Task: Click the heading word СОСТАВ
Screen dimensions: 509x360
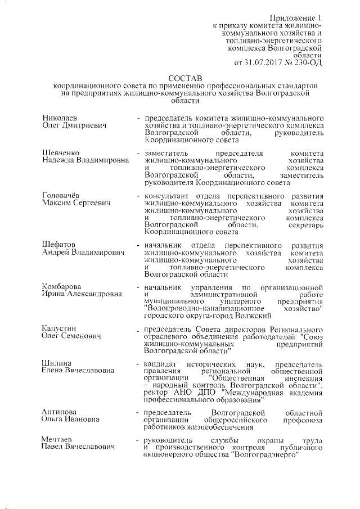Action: pyautogui.click(x=183, y=76)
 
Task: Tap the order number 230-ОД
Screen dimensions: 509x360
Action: pyautogui.click(x=310, y=62)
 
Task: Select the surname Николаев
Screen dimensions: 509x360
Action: pyautogui.click(x=60, y=118)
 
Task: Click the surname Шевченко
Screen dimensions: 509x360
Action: pyautogui.click(x=61, y=154)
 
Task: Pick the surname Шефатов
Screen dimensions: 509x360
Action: pyautogui.click(x=59, y=245)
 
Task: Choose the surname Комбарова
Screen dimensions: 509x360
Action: pyautogui.click(x=62, y=287)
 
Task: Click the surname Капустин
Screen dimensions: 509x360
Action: pyautogui.click(x=60, y=328)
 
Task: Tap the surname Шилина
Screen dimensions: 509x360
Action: pyautogui.click(x=56, y=363)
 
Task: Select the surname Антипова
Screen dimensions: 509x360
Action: pyautogui.click(x=60, y=412)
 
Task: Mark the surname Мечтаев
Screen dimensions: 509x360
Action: pyautogui.click(x=59, y=439)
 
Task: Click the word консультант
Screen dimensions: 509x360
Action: pyautogui.click(x=166, y=196)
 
